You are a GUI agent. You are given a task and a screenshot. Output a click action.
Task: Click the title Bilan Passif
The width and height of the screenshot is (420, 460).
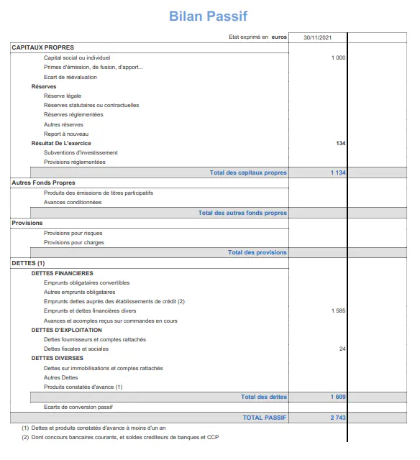[x=208, y=16]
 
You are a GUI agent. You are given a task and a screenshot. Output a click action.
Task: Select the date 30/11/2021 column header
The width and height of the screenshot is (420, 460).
[x=317, y=37]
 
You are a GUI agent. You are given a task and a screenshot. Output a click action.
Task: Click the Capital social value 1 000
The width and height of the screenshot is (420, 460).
[x=338, y=57]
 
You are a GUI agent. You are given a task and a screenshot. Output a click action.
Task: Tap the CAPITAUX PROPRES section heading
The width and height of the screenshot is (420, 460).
[x=42, y=47]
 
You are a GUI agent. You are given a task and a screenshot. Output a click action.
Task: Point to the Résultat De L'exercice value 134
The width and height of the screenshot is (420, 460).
[x=340, y=143]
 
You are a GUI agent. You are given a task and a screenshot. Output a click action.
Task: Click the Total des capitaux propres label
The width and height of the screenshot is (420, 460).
[x=248, y=172]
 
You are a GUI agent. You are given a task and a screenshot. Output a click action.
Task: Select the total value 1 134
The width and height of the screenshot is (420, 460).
[x=337, y=172]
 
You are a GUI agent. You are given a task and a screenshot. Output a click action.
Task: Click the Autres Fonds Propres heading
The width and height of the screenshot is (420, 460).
[x=43, y=183]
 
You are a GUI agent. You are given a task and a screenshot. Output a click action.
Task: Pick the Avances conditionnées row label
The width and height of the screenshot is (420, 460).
[x=73, y=202]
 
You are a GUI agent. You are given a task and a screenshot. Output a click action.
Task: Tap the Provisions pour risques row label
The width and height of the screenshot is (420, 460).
[x=73, y=233]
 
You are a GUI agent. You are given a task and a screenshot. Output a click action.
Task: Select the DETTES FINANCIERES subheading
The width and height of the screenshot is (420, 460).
[x=62, y=273]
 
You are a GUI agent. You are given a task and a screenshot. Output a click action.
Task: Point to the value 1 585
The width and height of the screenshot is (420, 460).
[x=338, y=310]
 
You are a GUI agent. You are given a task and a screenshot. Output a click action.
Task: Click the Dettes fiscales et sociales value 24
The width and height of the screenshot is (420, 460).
[x=342, y=349]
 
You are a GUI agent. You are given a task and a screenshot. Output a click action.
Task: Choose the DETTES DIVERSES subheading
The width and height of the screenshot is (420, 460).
[x=58, y=358]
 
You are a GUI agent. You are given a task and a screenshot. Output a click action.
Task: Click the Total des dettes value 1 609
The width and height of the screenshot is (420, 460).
[x=337, y=397]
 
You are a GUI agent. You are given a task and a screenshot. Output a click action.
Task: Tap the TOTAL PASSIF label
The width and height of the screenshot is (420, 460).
[x=264, y=417]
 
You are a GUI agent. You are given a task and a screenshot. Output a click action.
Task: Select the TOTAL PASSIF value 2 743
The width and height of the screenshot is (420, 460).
[x=337, y=417]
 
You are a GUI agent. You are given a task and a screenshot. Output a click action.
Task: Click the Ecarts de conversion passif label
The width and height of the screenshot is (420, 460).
[x=78, y=407]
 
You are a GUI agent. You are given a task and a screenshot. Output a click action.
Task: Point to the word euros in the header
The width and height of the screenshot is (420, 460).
[x=279, y=37]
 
